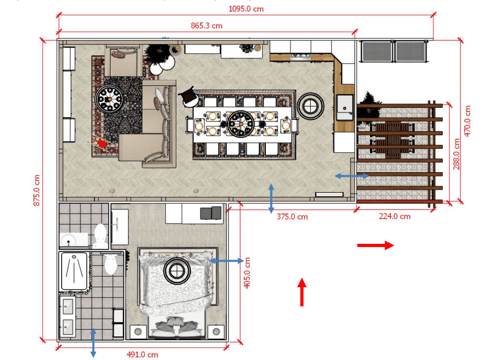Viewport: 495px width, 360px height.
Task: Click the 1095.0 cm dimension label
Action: point(246,9)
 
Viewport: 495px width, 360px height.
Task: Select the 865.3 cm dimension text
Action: point(207,26)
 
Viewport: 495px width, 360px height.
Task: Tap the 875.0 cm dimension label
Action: point(37,190)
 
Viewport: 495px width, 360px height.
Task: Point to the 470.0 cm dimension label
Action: point(467,121)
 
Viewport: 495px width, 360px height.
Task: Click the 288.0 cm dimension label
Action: point(456,154)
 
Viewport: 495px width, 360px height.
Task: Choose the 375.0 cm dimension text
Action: point(292,217)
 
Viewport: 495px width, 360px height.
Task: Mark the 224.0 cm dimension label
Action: point(395,216)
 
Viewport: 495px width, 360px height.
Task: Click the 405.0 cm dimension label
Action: point(247,273)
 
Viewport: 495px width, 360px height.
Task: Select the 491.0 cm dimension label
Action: point(142,355)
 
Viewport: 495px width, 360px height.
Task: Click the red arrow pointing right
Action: point(376,245)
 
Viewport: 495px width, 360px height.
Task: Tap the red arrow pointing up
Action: point(302,292)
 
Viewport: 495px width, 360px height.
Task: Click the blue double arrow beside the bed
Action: point(227,261)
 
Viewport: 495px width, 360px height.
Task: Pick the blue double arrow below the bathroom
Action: point(94,343)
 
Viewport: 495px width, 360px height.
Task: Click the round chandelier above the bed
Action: point(177,271)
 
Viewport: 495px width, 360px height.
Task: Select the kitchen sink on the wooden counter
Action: point(345,107)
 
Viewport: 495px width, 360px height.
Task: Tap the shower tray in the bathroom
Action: point(74,271)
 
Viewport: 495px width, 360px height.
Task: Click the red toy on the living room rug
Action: point(100,143)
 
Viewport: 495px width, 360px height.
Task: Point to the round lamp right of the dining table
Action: point(310,106)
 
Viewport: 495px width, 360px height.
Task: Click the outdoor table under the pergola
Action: point(392,139)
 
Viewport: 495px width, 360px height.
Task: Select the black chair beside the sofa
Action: point(189,97)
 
